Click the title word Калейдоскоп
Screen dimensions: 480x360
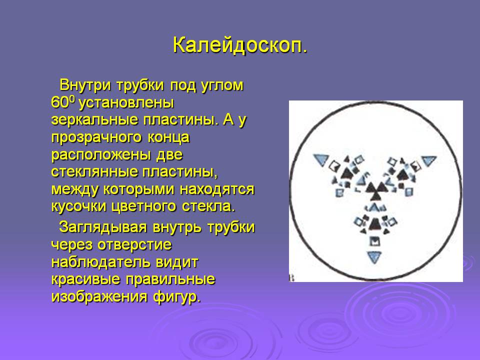[x=239, y=46]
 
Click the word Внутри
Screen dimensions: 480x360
[x=85, y=85]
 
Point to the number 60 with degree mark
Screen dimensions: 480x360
[x=63, y=102]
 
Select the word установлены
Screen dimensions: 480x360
[x=126, y=103]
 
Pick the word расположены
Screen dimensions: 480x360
[x=101, y=155]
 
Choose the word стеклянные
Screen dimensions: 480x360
[x=94, y=171]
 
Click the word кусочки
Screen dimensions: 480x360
[x=79, y=207]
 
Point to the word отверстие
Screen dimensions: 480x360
[x=134, y=245]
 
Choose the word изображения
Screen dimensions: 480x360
[x=99, y=297]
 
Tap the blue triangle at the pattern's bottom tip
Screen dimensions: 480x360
[x=374, y=256]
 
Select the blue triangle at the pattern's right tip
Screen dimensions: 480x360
[x=428, y=160]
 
